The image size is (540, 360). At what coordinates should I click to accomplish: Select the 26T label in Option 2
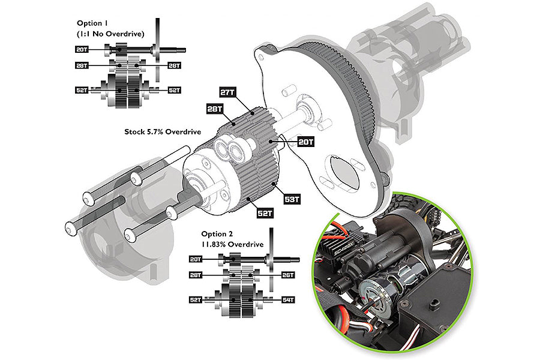click(x=289, y=275)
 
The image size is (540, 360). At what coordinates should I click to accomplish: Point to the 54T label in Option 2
click(x=289, y=299)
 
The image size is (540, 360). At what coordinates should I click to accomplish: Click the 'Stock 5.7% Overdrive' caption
click(x=162, y=131)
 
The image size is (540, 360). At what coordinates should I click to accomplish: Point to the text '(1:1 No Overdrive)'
click(x=111, y=34)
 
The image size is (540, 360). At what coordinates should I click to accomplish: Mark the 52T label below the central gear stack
click(x=266, y=213)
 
